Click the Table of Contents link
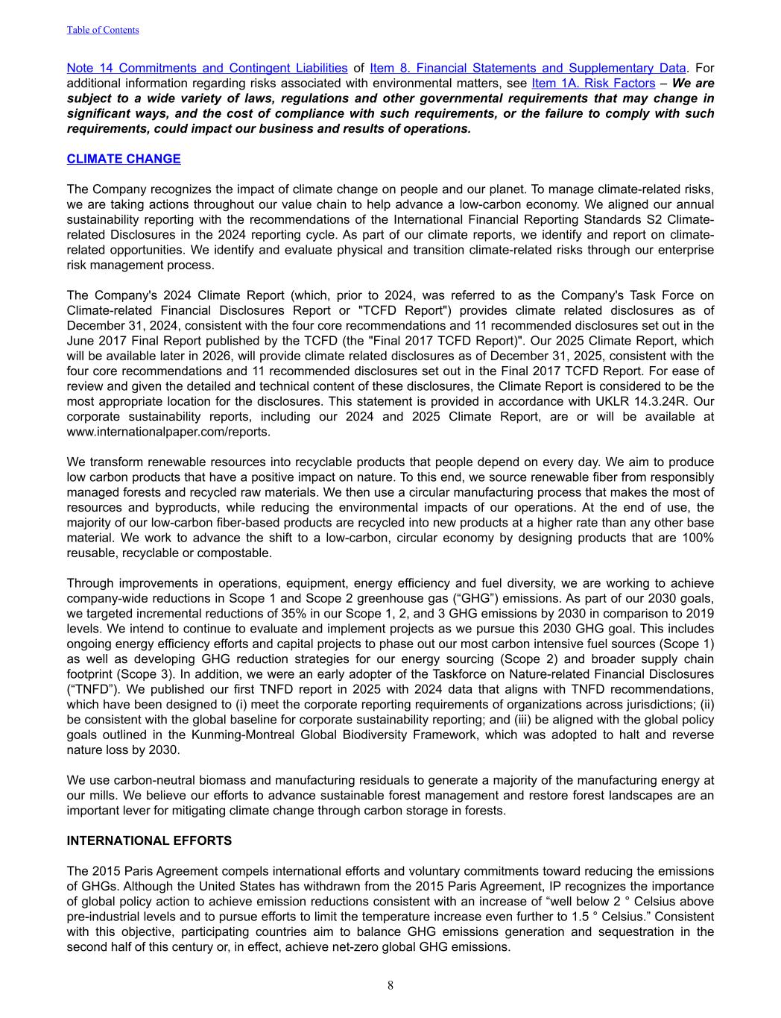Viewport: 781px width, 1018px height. coord(103,30)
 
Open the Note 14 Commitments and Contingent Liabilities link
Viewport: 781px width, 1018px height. coord(206,68)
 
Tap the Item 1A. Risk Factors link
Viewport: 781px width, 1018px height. coord(593,84)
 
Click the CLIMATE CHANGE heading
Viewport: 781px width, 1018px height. coord(124,159)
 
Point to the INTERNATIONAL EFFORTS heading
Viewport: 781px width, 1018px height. coord(149,841)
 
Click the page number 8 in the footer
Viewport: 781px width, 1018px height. coord(390,985)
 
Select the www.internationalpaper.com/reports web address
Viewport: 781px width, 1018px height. coord(168,432)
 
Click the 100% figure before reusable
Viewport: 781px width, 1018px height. coord(698,538)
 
